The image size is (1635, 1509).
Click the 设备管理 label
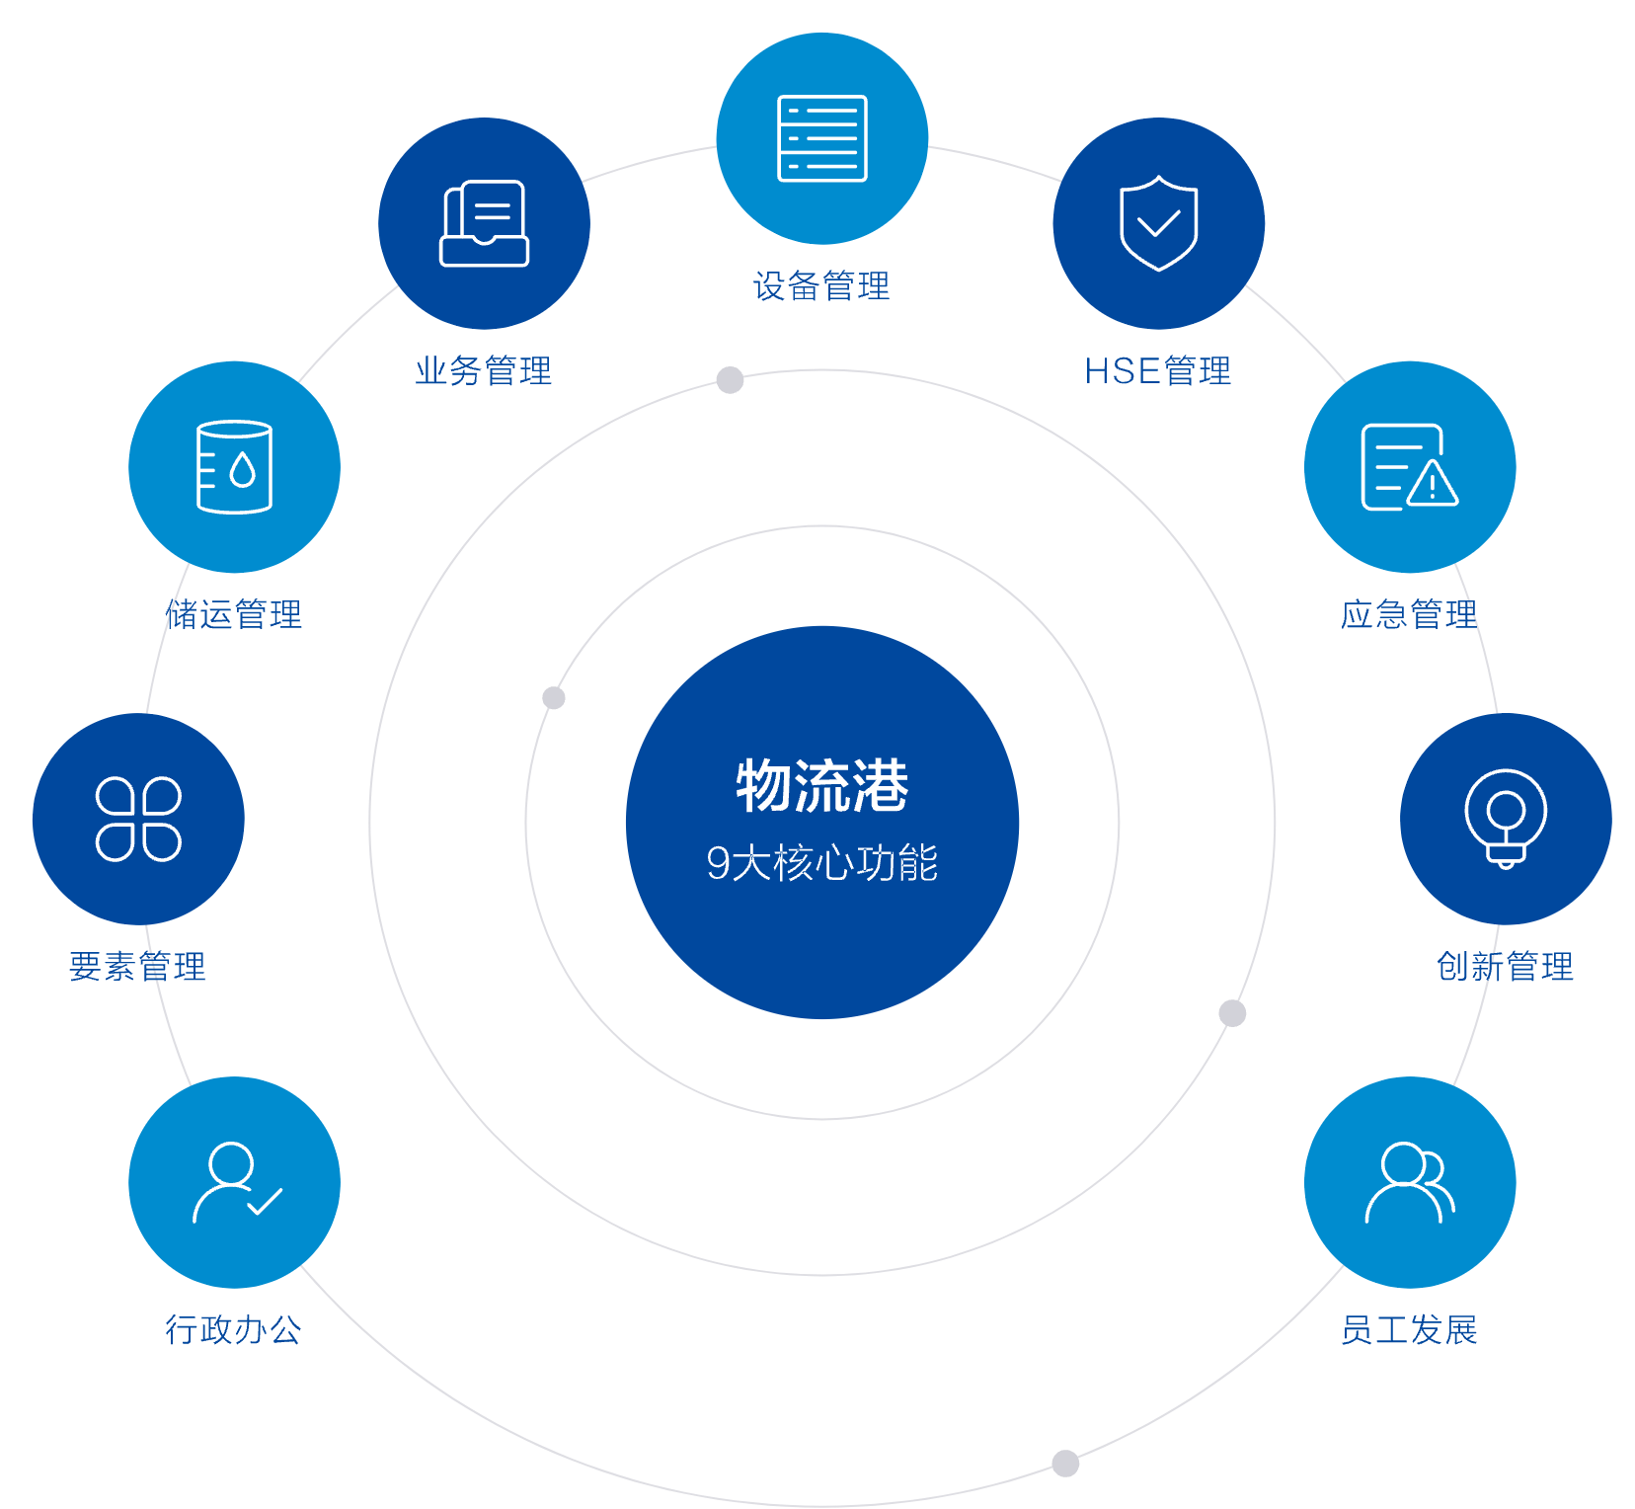821,286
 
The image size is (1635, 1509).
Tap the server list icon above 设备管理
822,138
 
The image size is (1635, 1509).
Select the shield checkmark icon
1158,223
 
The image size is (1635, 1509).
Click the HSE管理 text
1158,371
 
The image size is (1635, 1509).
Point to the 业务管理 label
484,371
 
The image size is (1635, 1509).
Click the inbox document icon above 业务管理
484,223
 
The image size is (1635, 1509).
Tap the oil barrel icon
234,467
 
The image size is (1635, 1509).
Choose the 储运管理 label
235,614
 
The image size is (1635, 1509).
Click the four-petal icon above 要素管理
138,819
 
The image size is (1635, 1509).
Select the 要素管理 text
137,966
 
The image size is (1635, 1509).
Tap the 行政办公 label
234,1329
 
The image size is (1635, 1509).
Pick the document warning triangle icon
1409,467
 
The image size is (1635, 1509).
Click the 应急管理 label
1409,614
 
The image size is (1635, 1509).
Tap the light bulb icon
1506,819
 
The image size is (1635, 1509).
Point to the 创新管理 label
1506,966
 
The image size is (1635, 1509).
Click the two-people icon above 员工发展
1410,1182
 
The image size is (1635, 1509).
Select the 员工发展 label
1409,1329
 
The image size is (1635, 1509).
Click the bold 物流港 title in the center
822,786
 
